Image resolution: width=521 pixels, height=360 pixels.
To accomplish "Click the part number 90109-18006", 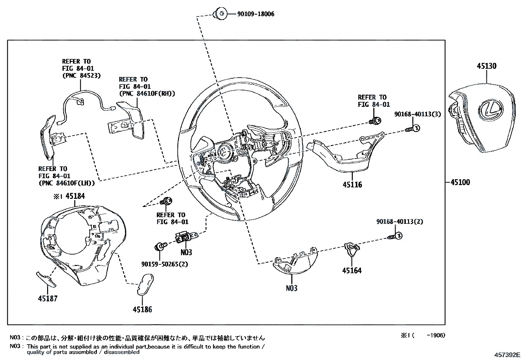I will click(x=256, y=14).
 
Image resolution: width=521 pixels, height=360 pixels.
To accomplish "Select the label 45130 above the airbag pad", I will click(x=486, y=66).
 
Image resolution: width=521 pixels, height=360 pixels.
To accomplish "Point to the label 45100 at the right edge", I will click(x=460, y=182).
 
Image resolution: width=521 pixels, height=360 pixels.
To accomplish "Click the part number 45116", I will click(x=352, y=185).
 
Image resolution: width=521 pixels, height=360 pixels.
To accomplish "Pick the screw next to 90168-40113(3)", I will click(x=413, y=128).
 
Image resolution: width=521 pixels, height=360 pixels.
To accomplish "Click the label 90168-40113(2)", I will click(x=399, y=222).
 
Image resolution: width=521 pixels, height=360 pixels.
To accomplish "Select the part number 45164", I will click(x=352, y=271).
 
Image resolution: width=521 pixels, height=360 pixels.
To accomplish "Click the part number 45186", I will click(x=142, y=309).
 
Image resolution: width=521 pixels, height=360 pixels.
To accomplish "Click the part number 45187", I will click(x=48, y=298).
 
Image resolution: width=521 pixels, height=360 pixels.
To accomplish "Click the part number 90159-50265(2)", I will click(x=165, y=264).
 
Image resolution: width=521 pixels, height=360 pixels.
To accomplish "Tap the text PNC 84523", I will click(x=81, y=75).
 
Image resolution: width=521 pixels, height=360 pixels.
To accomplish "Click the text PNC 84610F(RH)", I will click(x=147, y=94).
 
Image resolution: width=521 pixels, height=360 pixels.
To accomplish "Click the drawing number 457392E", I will click(x=507, y=355).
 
